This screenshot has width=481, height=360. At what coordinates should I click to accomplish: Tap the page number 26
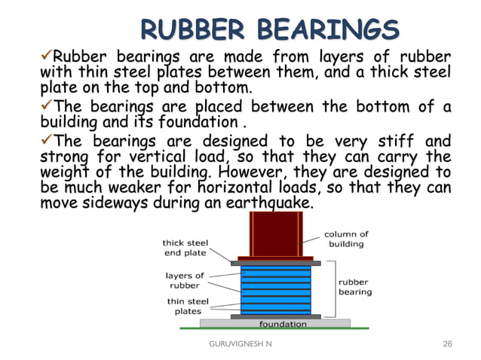coord(448,344)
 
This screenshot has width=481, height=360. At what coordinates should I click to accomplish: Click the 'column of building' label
coord(347,239)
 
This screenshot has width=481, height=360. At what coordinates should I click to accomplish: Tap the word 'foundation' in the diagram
coord(283,324)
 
